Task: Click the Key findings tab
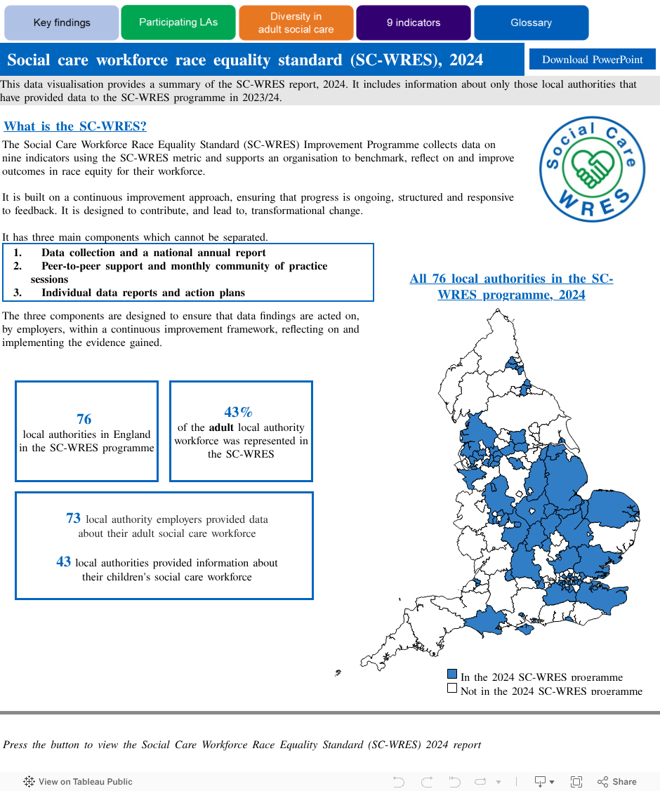point(62,22)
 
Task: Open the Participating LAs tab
point(178,22)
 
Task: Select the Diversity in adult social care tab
point(296,22)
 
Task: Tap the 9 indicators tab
point(413,22)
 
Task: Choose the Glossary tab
point(531,22)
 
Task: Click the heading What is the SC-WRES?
point(75,126)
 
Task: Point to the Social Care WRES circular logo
point(592,169)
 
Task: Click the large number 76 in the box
point(84,419)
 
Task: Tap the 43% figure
point(238,412)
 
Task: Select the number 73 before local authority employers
point(73,519)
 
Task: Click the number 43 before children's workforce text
point(63,561)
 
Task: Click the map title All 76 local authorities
point(511,286)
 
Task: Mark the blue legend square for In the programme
point(452,674)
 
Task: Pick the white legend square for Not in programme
point(452,689)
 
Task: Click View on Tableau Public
point(78,781)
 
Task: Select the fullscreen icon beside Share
point(576,781)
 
